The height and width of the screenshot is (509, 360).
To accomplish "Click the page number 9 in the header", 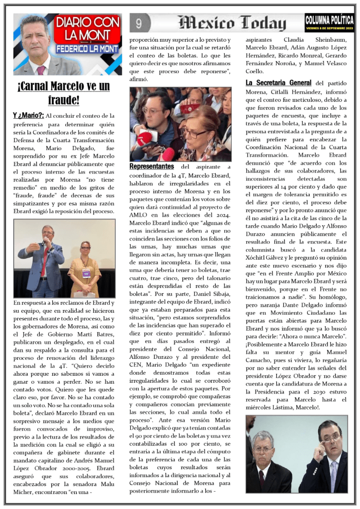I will [139, 23].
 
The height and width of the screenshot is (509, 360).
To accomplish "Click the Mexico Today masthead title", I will [232, 23].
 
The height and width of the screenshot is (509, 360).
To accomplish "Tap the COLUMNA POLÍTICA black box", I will [330, 21].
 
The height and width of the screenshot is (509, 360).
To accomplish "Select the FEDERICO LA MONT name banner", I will [88, 49].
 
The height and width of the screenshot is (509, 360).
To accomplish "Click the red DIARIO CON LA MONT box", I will [88, 28].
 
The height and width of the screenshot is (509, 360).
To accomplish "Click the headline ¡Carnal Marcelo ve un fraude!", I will [64, 93].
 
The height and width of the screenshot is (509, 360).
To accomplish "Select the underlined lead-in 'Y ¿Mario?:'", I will [28, 116].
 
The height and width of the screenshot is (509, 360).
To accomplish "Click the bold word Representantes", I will [152, 167].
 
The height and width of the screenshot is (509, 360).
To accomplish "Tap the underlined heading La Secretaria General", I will [279, 83].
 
